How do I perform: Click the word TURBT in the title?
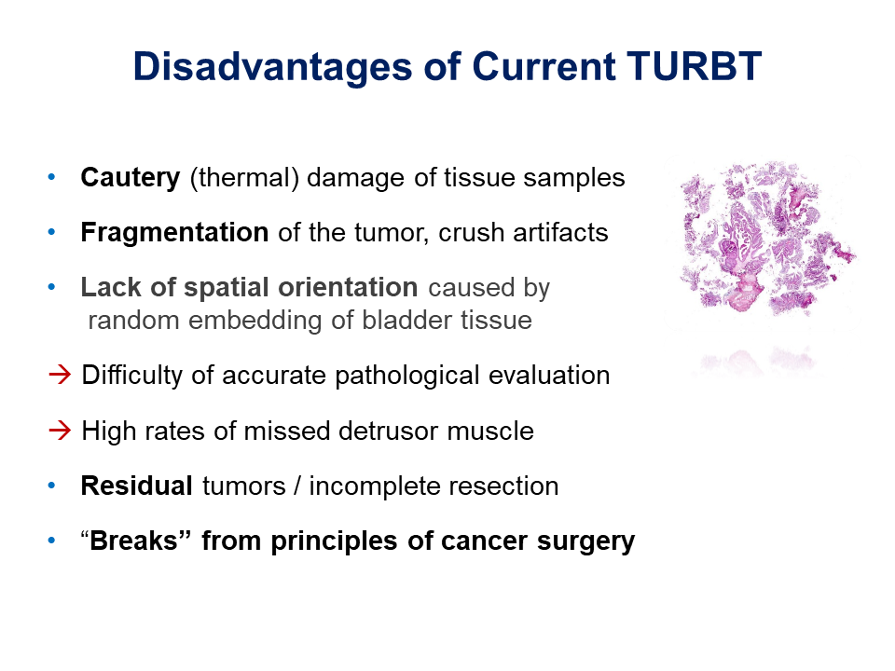click(694, 66)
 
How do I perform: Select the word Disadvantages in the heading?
click(272, 67)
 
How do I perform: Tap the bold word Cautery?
click(131, 178)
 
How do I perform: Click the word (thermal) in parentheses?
click(244, 178)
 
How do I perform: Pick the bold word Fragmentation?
click(174, 232)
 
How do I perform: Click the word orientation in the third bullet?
click(348, 287)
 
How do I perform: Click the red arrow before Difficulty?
click(60, 375)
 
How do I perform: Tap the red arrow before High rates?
click(60, 431)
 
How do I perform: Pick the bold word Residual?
click(136, 486)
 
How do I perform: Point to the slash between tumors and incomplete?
click(296, 486)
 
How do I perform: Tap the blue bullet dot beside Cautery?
click(52, 177)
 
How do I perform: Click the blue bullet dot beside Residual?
click(52, 486)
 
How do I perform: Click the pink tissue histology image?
click(765, 238)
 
